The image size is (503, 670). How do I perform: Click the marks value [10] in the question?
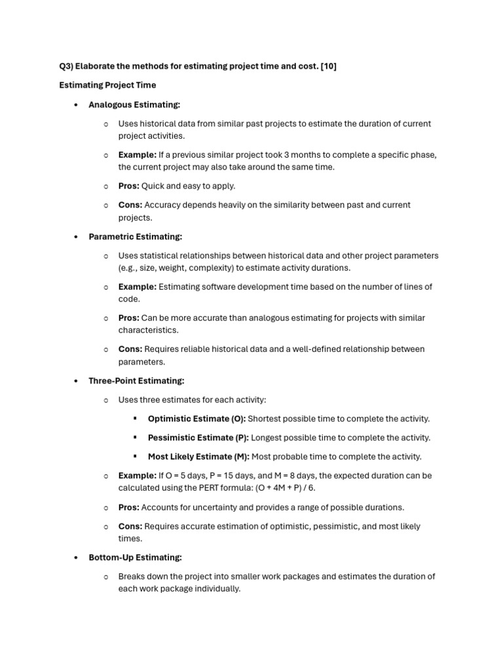tap(328, 66)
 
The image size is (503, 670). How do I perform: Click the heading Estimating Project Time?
tap(107, 85)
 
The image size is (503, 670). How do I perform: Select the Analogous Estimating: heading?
tap(134, 105)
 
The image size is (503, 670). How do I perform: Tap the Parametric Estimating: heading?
tap(135, 237)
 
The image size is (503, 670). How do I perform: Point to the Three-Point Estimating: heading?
tap(136, 381)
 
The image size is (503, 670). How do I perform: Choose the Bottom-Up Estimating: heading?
tap(135, 557)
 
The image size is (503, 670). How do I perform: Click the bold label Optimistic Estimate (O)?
tap(196, 419)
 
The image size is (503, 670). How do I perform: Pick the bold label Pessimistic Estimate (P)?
tap(198, 438)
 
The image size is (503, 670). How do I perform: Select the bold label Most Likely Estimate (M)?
tap(198, 457)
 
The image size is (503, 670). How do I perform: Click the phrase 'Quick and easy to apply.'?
tap(189, 186)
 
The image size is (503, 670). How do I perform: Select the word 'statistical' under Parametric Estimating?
tap(159, 256)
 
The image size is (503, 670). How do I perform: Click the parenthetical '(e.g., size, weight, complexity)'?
tap(181, 268)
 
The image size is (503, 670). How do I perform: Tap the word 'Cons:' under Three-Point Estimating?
tap(130, 527)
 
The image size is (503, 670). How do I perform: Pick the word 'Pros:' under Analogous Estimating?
tap(128, 186)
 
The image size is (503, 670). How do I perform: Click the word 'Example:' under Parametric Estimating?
tap(137, 287)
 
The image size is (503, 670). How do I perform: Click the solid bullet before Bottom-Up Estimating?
tap(76, 557)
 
